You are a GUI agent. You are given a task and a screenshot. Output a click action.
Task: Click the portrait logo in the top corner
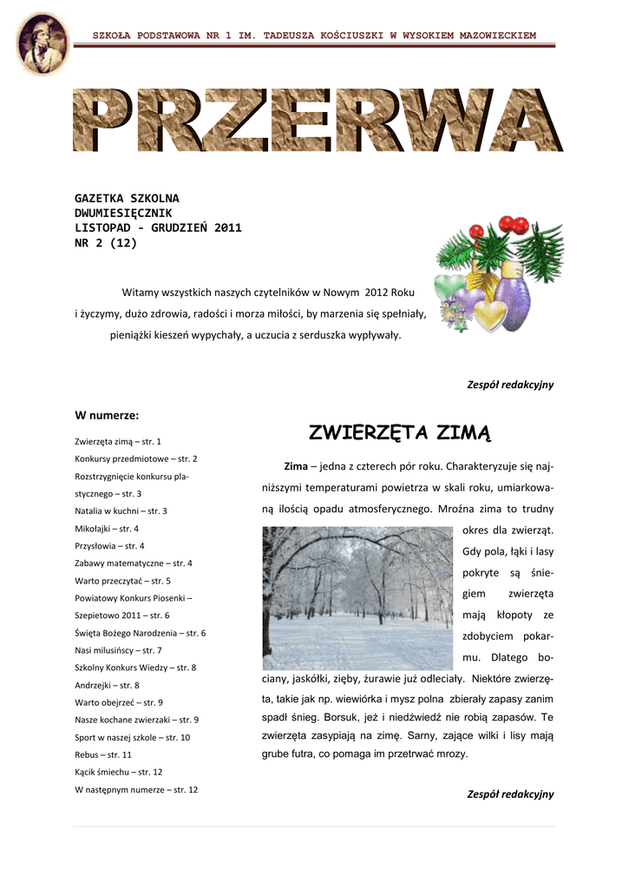[x=42, y=43]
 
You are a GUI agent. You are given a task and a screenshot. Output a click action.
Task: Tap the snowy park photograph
[x=357, y=598]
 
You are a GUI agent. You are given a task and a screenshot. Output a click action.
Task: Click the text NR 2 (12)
[x=105, y=243]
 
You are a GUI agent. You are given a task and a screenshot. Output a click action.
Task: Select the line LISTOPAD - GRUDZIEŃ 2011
[x=158, y=228]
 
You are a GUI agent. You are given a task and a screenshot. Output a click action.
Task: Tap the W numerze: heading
[x=107, y=415]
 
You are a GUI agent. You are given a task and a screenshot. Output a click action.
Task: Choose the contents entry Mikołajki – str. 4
[x=107, y=528]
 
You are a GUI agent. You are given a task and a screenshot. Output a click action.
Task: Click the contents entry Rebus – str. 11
[x=103, y=754]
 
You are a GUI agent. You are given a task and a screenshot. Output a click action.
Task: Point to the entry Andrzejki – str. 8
[x=108, y=685]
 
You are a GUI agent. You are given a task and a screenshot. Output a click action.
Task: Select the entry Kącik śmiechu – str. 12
[x=118, y=772]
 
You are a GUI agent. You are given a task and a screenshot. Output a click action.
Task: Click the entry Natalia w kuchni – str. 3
[x=121, y=510]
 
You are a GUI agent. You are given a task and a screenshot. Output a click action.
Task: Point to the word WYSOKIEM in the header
[x=427, y=36]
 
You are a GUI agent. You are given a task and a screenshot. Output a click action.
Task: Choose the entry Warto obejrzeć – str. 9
[x=119, y=702]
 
